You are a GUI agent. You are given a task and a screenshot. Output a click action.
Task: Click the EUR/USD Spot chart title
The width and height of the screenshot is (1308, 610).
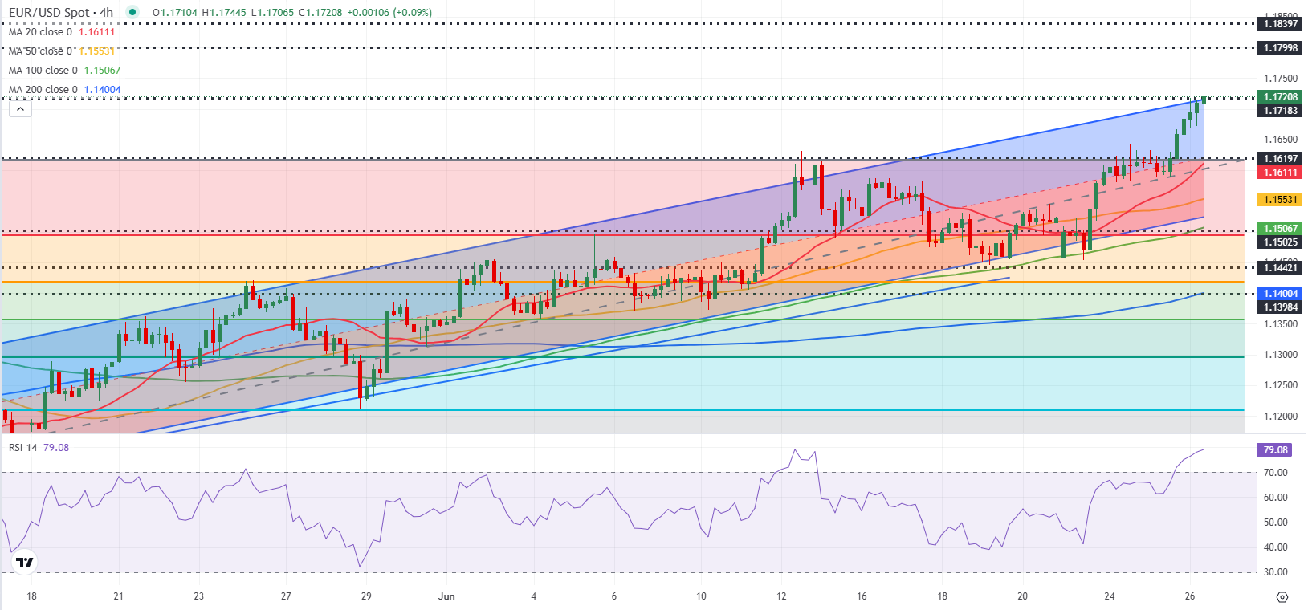pyautogui.click(x=61, y=13)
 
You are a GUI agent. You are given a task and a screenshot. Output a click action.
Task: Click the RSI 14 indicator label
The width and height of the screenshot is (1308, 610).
pyautogui.click(x=23, y=448)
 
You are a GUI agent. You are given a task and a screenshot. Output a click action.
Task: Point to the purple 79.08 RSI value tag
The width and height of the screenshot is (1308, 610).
pyautogui.click(x=1274, y=450)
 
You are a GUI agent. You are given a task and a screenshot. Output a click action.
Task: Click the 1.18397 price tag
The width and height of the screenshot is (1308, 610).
pyautogui.click(x=1280, y=24)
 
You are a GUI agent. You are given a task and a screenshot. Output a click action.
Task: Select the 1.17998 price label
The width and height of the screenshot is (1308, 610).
pyautogui.click(x=1280, y=48)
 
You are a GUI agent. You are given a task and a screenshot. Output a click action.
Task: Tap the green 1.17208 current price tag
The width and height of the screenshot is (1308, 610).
pyautogui.click(x=1280, y=97)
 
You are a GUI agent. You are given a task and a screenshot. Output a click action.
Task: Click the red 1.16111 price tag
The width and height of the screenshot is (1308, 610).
pyautogui.click(x=1280, y=173)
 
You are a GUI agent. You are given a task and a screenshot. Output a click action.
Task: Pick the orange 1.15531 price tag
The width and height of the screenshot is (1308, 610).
pyautogui.click(x=1280, y=200)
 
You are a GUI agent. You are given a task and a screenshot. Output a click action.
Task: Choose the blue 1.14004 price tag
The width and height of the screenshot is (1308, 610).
pyautogui.click(x=1280, y=294)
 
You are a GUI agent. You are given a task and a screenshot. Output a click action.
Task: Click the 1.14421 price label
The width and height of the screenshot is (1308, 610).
pyautogui.click(x=1280, y=268)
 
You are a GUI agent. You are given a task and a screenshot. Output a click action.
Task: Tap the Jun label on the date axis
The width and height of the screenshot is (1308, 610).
pyautogui.click(x=446, y=596)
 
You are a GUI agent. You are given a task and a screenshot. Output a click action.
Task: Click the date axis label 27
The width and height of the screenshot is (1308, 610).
pyautogui.click(x=286, y=596)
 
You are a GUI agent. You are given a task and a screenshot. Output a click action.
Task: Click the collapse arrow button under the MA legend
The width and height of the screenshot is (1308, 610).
pyautogui.click(x=20, y=109)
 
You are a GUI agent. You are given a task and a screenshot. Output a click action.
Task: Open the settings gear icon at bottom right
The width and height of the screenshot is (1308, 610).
pyautogui.click(x=1282, y=596)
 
